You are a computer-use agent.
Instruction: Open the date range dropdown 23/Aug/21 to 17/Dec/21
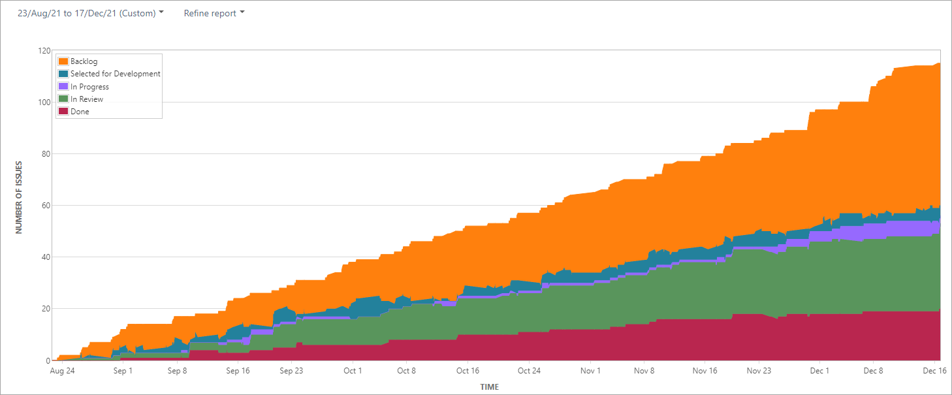(91, 13)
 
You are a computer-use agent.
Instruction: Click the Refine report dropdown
(214, 13)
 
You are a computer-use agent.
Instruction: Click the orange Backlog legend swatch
(63, 61)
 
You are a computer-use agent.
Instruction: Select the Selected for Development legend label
(115, 74)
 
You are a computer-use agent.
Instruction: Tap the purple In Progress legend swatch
(63, 86)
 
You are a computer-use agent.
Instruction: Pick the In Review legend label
(87, 99)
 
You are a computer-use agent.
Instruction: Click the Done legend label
(80, 112)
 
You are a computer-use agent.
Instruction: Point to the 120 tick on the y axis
(44, 51)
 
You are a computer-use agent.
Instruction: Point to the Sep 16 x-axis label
(238, 371)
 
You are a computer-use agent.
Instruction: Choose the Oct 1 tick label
(353, 371)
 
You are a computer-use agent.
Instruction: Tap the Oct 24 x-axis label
(529, 371)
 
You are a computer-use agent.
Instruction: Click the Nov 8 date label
(644, 371)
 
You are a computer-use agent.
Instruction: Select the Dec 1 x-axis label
(819, 371)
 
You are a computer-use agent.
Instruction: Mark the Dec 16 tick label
(934, 371)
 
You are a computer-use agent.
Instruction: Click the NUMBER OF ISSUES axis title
(20, 197)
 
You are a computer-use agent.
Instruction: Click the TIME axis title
(490, 387)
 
